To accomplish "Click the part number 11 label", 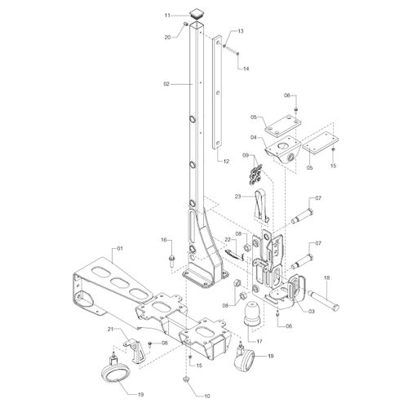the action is pyautogui.click(x=167, y=16).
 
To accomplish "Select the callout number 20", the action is pyautogui.click(x=167, y=38).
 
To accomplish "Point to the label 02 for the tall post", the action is pyautogui.click(x=166, y=84).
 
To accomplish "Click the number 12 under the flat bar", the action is pyautogui.click(x=226, y=162).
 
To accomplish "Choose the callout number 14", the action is pyautogui.click(x=246, y=69).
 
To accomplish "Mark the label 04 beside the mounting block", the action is pyautogui.click(x=254, y=138).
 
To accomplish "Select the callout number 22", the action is pyautogui.click(x=228, y=239).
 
